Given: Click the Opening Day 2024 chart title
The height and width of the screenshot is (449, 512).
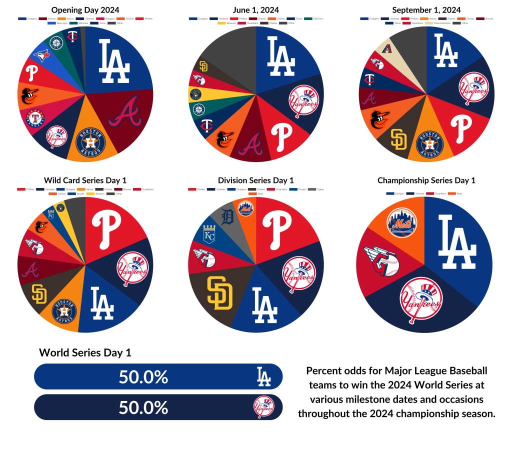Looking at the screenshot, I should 85,10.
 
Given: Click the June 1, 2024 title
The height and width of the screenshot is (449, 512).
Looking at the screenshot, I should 256,10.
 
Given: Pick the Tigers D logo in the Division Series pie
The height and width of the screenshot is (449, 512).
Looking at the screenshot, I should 227,217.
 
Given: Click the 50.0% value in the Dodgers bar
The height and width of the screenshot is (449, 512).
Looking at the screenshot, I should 143,377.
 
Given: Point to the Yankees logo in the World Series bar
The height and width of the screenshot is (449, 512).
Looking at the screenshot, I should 263,407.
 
